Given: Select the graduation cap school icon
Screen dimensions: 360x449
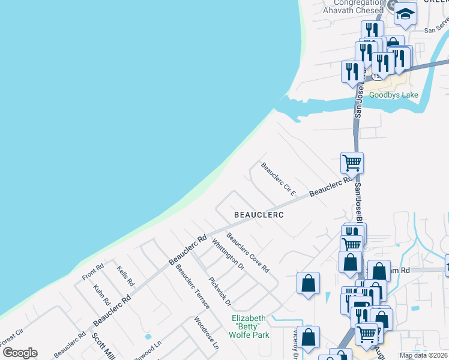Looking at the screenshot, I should click(x=406, y=14).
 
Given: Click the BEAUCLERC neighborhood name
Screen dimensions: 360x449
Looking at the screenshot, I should click(x=258, y=214).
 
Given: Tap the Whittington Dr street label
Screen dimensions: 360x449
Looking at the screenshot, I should click(x=228, y=254).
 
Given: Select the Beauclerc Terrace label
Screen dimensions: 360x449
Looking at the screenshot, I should click(x=192, y=286).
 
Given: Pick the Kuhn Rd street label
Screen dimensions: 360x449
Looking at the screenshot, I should click(x=99, y=295).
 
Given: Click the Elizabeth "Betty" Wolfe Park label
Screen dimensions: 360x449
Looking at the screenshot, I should click(x=250, y=326).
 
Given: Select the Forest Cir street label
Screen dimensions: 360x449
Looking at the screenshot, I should click(x=12, y=337).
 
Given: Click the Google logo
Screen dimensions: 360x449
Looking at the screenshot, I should click(x=19, y=353).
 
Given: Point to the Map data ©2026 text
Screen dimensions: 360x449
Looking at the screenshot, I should click(x=423, y=355).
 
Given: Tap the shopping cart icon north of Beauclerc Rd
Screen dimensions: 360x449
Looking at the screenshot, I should click(x=352, y=162).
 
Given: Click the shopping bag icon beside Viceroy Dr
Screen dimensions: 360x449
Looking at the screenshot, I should click(x=309, y=337).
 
